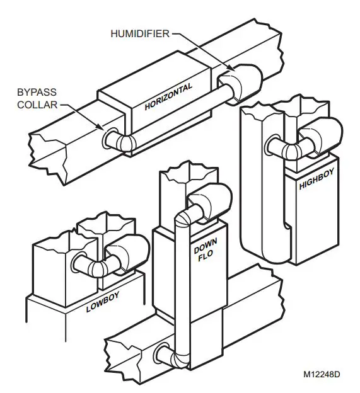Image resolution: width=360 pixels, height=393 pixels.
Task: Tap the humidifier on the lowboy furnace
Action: point(124,254)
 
